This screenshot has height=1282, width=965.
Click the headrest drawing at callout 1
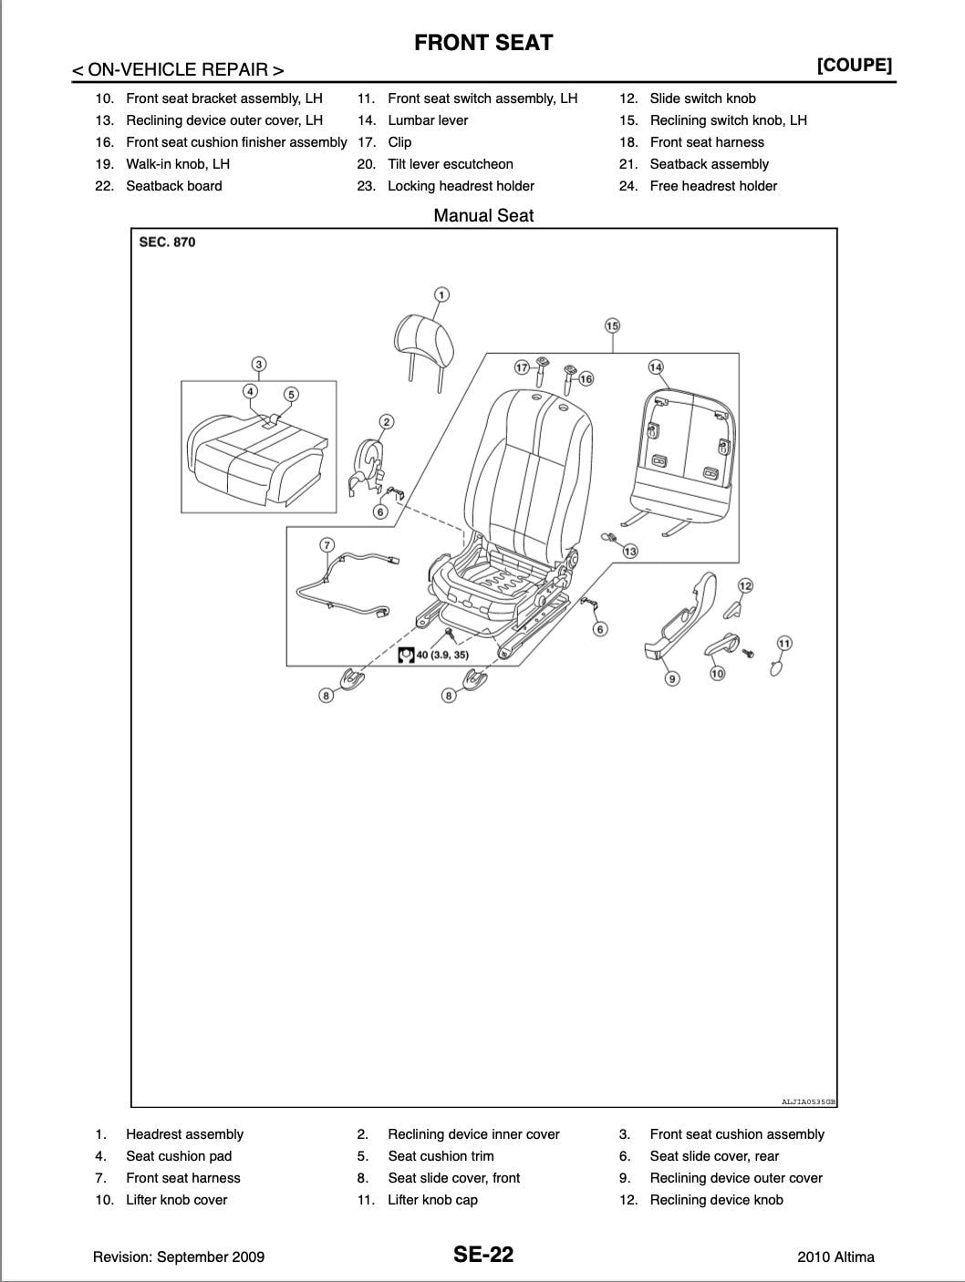(426, 339)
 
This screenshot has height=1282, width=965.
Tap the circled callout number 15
(612, 326)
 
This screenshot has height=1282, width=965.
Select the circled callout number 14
(655, 367)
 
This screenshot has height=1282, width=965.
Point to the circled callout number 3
(259, 365)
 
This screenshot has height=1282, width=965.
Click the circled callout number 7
(327, 545)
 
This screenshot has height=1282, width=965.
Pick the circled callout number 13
(630, 551)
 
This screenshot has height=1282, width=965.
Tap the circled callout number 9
(672, 677)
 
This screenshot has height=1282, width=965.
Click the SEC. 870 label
(167, 243)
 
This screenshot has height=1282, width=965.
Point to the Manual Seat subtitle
(483, 216)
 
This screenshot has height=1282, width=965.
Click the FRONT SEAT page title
(483, 42)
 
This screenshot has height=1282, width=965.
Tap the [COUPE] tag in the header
(854, 65)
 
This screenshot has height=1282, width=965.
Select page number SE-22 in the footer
(483, 1255)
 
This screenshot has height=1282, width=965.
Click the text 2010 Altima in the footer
(835, 1256)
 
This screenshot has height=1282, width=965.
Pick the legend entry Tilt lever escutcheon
(450, 164)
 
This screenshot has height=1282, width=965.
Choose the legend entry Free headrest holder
(713, 186)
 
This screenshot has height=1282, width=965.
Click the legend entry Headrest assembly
(184, 1134)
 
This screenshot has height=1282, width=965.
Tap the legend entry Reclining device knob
(716, 1200)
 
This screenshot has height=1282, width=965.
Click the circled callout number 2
(387, 421)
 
